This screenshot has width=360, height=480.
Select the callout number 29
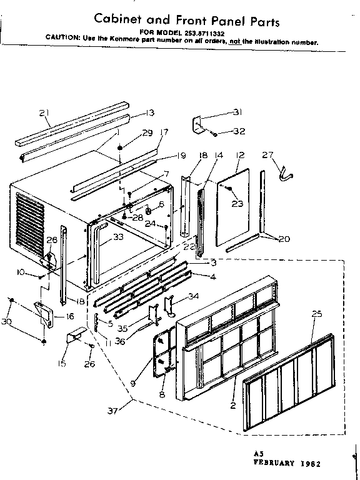click(x=147, y=132)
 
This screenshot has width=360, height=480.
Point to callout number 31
click(x=219, y=112)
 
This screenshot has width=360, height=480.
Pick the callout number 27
click(x=267, y=155)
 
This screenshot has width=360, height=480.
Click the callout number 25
click(x=317, y=314)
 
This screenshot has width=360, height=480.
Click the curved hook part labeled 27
click(x=285, y=176)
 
